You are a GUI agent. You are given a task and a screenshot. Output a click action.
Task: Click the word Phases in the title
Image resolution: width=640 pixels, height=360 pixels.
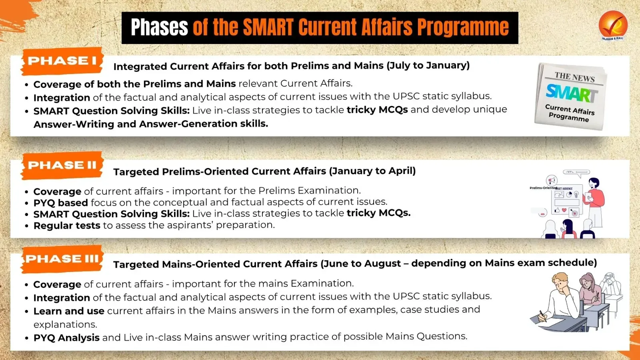pyautogui.click(x=160, y=27)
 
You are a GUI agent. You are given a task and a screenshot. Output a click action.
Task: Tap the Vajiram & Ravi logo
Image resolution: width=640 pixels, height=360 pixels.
pyautogui.click(x=613, y=26)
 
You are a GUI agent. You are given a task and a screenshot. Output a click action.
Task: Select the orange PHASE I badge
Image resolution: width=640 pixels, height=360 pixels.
pyautogui.click(x=62, y=61)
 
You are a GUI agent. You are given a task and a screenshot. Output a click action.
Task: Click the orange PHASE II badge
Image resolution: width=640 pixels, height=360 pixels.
pyautogui.click(x=62, y=166)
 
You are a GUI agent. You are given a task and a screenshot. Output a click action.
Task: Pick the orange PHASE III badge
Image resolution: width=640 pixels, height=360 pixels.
pyautogui.click(x=62, y=259)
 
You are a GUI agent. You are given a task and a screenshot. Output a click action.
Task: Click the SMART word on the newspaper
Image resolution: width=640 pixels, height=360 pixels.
pyautogui.click(x=571, y=93)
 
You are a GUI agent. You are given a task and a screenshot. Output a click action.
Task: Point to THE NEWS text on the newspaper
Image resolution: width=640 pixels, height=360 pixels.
pyautogui.click(x=574, y=77)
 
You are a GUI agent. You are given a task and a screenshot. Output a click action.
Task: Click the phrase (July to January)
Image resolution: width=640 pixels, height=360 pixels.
pyautogui.click(x=428, y=66)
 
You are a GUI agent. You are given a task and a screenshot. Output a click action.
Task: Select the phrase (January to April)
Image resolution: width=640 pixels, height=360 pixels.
pyautogui.click(x=372, y=171)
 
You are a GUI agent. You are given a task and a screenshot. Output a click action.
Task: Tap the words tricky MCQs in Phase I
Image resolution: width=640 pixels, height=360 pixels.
pyautogui.click(x=377, y=110)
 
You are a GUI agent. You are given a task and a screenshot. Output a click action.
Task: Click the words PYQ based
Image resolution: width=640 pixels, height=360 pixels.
pyautogui.click(x=60, y=202)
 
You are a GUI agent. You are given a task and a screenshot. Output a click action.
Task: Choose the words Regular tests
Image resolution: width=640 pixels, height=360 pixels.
pyautogui.click(x=67, y=226)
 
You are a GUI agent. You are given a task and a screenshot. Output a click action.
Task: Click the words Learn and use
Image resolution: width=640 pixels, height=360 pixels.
pyautogui.click(x=69, y=311)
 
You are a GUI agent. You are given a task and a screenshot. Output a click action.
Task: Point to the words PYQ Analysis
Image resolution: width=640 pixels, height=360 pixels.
pyautogui.click(x=66, y=338)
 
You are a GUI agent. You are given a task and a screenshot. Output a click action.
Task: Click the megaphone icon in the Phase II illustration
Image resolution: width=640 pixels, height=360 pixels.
pyautogui.click(x=552, y=180)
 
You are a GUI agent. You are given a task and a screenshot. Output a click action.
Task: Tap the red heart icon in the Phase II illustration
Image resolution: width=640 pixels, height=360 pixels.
pyautogui.click(x=564, y=210)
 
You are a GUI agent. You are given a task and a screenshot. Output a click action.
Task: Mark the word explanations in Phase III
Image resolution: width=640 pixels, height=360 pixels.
pyautogui.click(x=66, y=324)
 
